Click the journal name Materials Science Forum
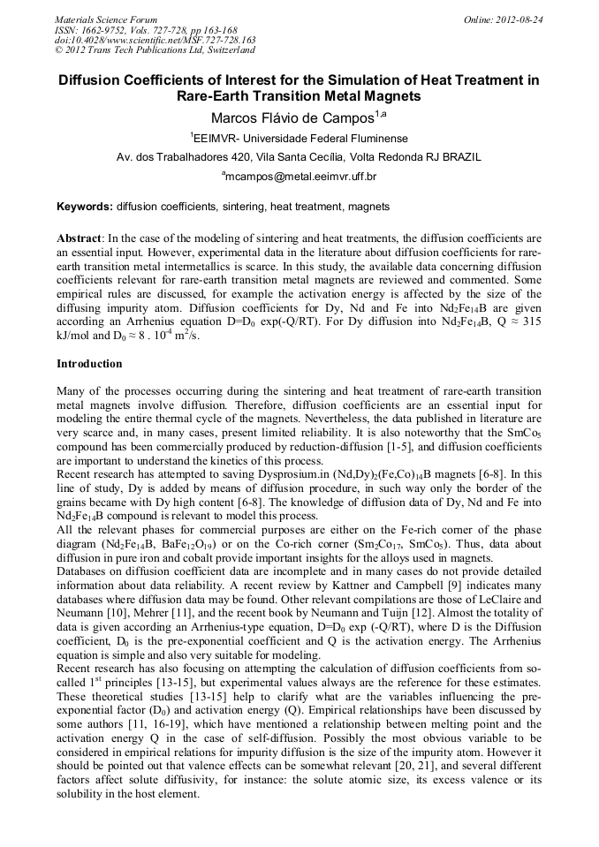[x=106, y=19]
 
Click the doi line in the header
[x=155, y=40]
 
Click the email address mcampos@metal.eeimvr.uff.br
[x=299, y=177]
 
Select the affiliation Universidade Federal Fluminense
[x=326, y=138]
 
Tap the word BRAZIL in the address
[x=461, y=157]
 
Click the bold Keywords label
[x=85, y=207]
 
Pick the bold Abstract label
[x=80, y=238]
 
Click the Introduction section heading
[x=89, y=363]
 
